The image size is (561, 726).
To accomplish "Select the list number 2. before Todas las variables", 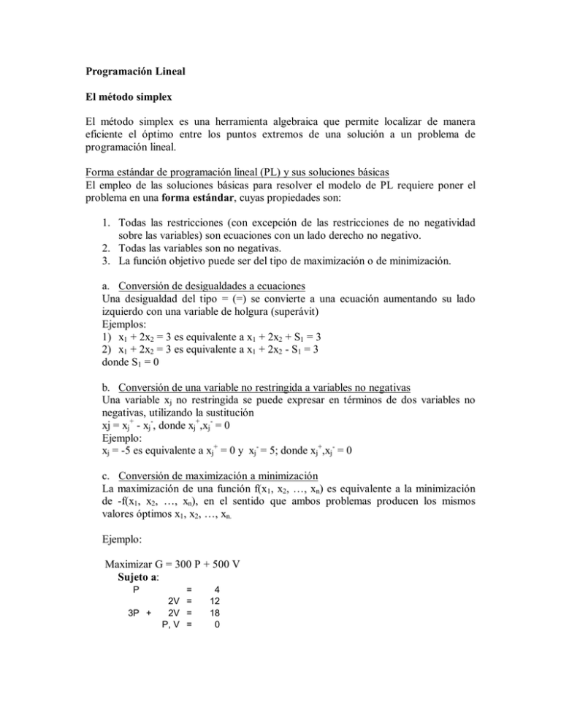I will [x=103, y=252].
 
